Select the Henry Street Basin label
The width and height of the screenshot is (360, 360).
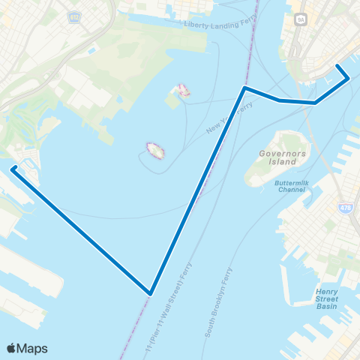327,298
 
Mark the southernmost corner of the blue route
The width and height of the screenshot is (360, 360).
151,293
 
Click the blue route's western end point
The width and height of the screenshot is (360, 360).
13,169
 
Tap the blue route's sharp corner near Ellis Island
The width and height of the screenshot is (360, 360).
244,88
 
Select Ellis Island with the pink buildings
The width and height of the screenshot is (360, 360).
182,91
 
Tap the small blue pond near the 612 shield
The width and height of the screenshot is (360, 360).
91,50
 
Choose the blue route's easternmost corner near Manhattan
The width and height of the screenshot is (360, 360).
349,78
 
